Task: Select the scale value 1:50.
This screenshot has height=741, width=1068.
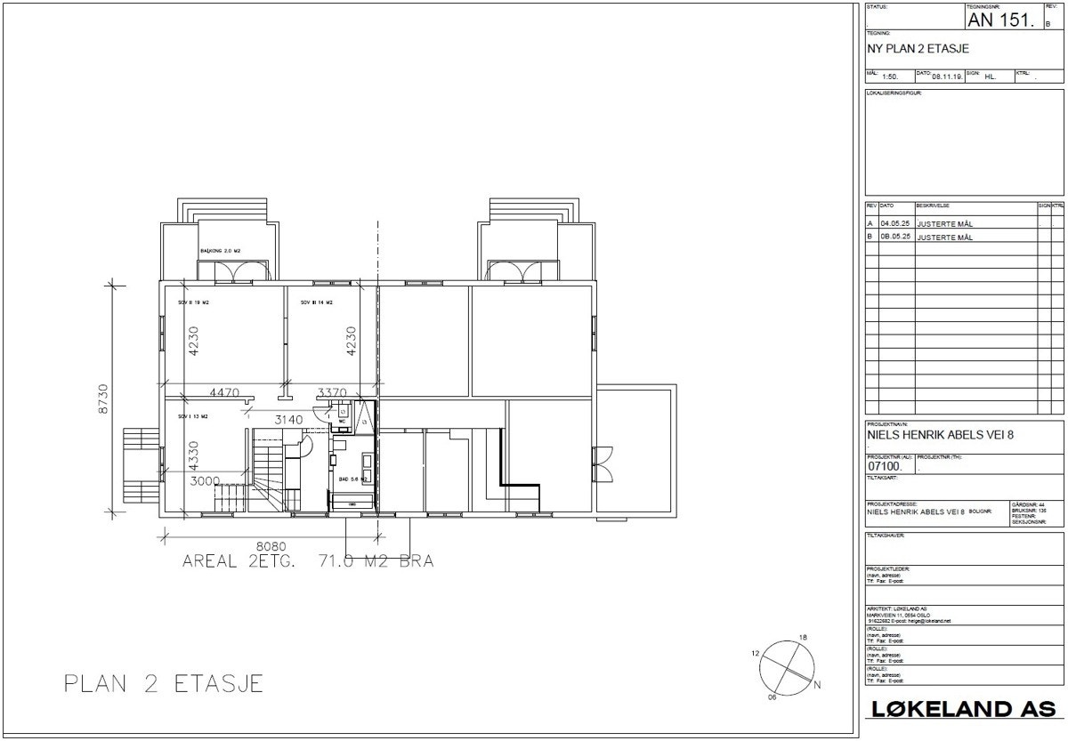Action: [890, 77]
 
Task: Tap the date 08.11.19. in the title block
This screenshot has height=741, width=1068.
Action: [947, 77]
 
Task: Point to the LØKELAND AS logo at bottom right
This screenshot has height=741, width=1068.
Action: [963, 709]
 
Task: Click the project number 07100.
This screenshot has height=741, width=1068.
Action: [885, 465]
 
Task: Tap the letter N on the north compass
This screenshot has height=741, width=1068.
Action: [817, 684]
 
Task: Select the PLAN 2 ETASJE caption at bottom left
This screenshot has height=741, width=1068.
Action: [164, 683]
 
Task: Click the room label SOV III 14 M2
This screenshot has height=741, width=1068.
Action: [317, 303]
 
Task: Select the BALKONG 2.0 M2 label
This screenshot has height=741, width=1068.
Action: [221, 252]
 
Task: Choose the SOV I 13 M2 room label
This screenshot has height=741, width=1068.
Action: [192, 415]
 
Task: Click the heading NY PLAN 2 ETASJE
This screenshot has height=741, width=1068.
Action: [918, 49]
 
